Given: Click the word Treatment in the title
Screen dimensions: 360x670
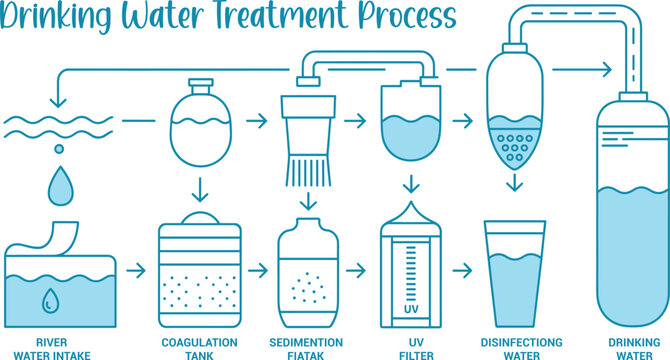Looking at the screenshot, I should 273,17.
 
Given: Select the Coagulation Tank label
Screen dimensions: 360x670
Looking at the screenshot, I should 200,347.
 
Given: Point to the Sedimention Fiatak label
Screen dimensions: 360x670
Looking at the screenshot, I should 306,347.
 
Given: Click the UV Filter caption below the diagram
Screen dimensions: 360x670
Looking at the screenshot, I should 410,347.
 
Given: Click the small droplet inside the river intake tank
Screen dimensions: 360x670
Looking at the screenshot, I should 49,299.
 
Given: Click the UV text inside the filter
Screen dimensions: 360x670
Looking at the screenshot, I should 410,309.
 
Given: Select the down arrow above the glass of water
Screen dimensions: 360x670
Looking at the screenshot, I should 514,183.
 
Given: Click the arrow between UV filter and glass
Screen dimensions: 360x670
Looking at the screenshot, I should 462,271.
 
